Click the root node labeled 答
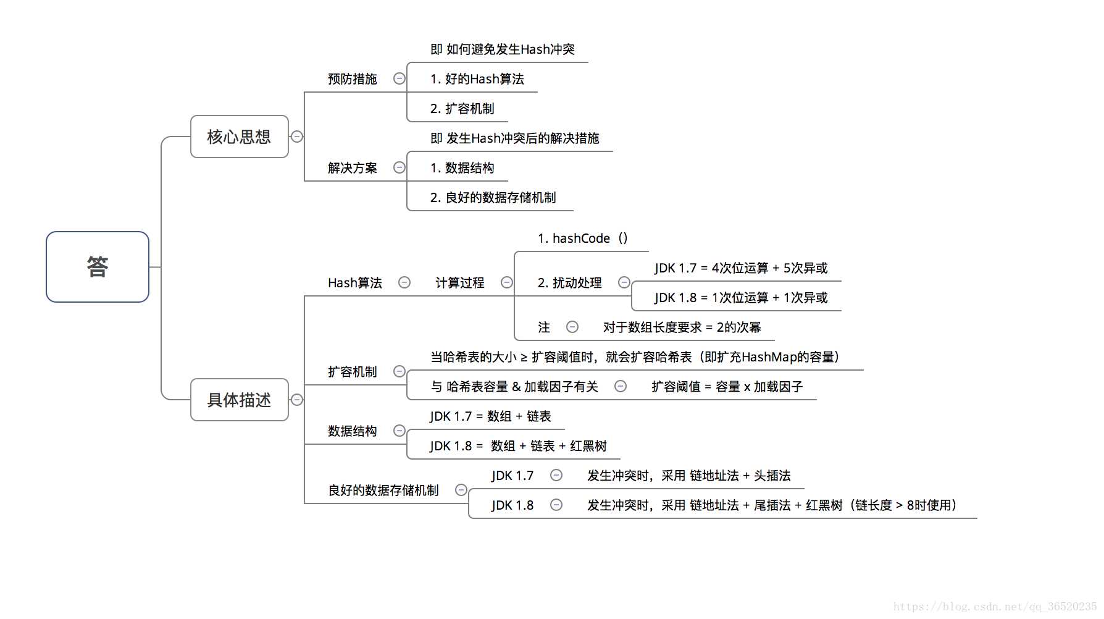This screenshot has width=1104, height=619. (x=98, y=267)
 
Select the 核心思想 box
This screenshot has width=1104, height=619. (x=239, y=137)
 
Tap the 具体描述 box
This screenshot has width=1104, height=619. (x=239, y=400)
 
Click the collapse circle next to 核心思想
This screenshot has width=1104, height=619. (x=297, y=137)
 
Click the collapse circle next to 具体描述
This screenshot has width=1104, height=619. (x=297, y=400)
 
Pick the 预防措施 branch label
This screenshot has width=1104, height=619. (x=352, y=79)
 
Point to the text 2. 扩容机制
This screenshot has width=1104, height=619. (x=462, y=109)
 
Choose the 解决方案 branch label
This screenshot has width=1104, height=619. (x=352, y=168)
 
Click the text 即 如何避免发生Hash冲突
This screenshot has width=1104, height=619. (x=502, y=49)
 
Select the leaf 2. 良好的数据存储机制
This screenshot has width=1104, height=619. (x=493, y=198)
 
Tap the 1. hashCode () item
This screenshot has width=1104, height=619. (x=582, y=238)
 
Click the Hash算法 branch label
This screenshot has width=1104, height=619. (x=354, y=283)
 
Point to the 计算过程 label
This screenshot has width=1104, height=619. (x=459, y=283)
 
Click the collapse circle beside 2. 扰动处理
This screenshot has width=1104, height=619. (x=624, y=282)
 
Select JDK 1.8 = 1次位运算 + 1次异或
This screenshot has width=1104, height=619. (x=740, y=298)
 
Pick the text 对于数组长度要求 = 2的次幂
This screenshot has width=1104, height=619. (x=682, y=327)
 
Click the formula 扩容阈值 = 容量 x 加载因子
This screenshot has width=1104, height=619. (x=727, y=387)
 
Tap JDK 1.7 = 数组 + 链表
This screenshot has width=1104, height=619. (x=490, y=416)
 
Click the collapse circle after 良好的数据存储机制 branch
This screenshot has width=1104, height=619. (x=461, y=490)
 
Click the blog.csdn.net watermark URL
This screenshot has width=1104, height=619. (x=995, y=607)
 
